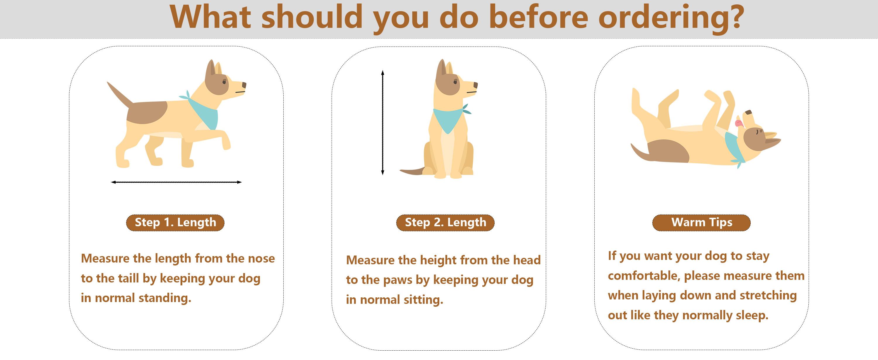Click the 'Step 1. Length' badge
pos(175,223)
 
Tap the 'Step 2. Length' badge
pos(445,223)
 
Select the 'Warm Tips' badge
pos(702,223)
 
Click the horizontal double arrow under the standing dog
pos(176,182)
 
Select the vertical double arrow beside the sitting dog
pos(383,122)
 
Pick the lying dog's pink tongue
pos(738,123)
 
